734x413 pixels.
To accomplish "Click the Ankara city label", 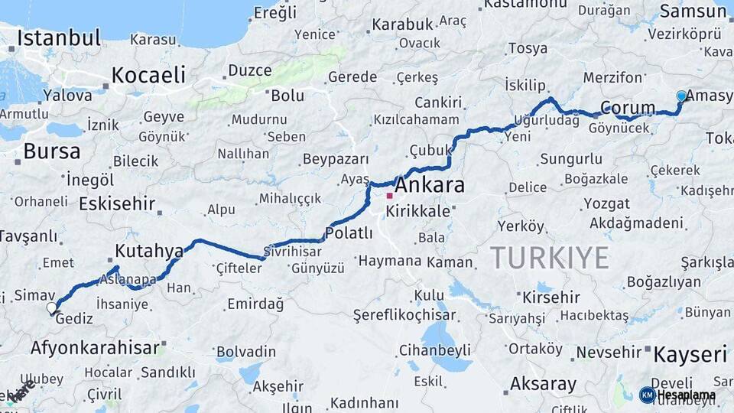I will (x=429, y=186).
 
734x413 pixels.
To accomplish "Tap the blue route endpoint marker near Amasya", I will (x=681, y=96).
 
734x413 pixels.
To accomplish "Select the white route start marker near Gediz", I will (x=51, y=308).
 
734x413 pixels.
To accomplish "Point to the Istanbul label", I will (x=59, y=37).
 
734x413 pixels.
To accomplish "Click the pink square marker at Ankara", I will (x=389, y=196).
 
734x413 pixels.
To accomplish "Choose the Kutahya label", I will (x=149, y=251).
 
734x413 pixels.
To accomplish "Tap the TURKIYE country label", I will (x=549, y=258).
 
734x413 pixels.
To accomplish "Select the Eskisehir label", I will (x=117, y=205).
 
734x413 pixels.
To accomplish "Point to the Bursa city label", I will (x=51, y=151).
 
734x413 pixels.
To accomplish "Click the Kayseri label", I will (x=690, y=354).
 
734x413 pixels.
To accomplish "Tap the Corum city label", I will (x=628, y=108).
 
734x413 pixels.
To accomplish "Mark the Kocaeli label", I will (x=148, y=75).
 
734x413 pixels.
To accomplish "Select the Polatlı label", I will (x=349, y=233).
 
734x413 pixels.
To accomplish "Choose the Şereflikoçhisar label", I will (x=404, y=314).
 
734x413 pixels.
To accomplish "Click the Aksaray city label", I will (x=543, y=383).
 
